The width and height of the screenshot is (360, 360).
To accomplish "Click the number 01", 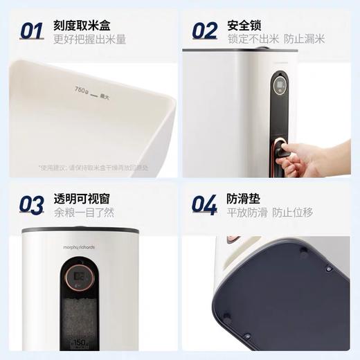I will coord(32,31).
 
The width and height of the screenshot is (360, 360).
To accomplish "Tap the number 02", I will coord(205,31).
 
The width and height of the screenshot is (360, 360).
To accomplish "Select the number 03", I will coord(32,204).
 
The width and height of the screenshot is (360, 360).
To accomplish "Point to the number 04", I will coord(205,204).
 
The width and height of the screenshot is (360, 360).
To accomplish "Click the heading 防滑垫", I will coord(244,199).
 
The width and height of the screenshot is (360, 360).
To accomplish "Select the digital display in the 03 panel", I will coord(80,278).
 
